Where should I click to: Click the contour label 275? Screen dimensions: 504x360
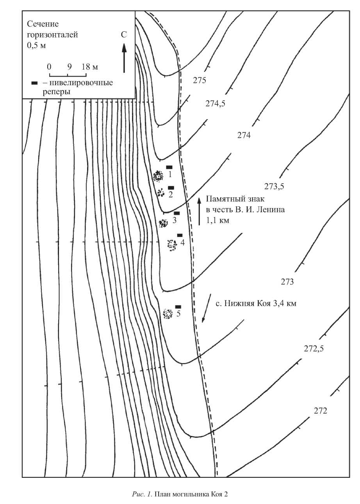(199, 80)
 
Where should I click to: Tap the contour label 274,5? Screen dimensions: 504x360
(215, 104)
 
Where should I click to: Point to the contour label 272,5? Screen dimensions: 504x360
(314, 349)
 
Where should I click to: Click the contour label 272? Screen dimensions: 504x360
(320, 411)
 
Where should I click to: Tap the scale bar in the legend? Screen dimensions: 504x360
(68, 75)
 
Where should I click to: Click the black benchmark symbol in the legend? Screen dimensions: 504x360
(35, 83)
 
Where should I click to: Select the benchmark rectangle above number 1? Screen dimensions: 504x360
(169, 167)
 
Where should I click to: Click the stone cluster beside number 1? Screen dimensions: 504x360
(158, 176)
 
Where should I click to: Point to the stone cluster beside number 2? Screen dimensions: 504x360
(160, 192)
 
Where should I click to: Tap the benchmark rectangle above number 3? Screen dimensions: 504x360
(176, 213)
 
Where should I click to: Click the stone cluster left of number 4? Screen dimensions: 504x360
(171, 245)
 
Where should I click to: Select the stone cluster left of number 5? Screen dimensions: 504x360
(168, 313)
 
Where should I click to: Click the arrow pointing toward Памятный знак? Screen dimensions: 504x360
(199, 211)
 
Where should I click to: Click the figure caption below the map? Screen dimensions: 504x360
(180, 494)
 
